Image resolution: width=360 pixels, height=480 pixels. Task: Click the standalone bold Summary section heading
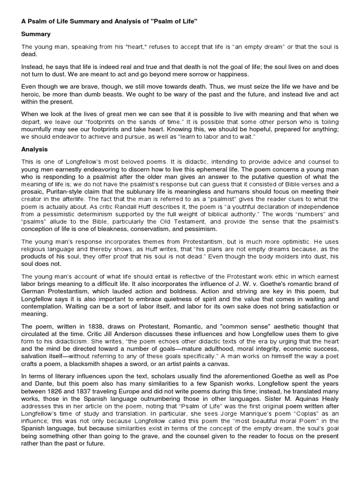pyautogui.click(x=36, y=34)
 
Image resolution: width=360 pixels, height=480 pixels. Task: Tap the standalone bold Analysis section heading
pyautogui.click(x=35, y=150)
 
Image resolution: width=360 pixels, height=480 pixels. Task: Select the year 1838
pyautogui.click(x=108, y=326)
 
